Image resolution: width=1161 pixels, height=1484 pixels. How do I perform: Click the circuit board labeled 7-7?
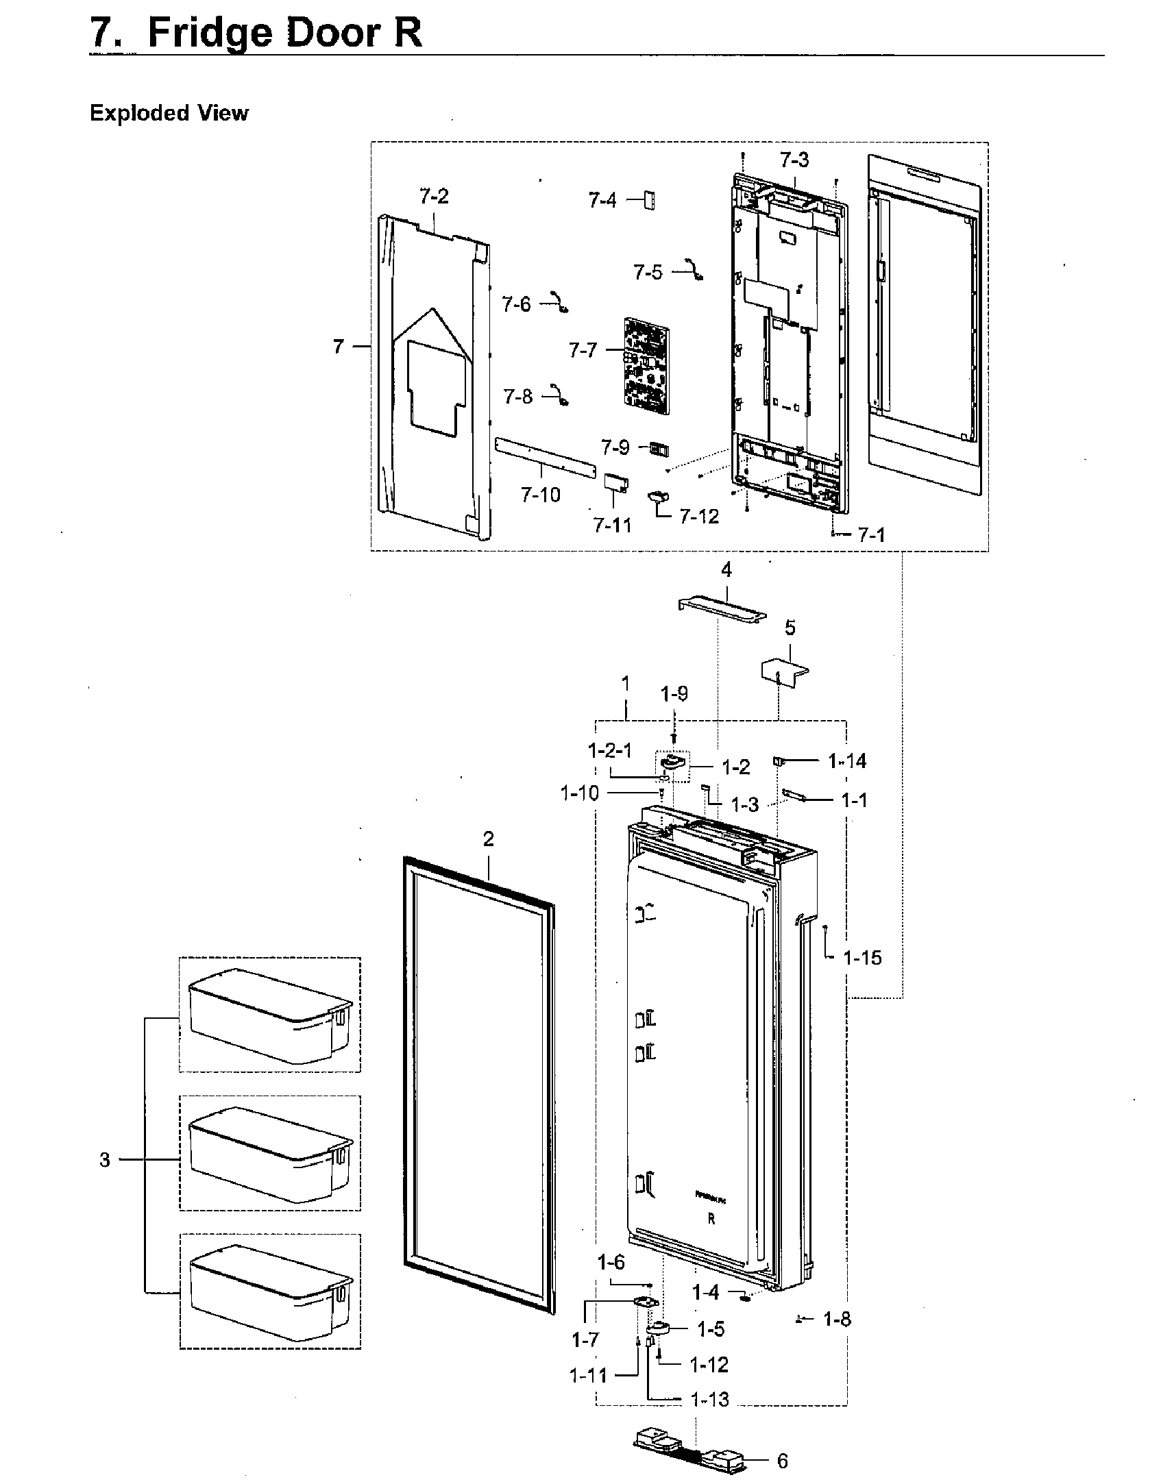(x=646, y=369)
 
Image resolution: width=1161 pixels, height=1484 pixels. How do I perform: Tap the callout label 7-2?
(x=434, y=197)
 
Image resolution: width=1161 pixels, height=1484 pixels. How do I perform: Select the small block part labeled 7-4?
(x=648, y=201)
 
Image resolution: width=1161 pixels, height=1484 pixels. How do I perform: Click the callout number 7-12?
(x=699, y=517)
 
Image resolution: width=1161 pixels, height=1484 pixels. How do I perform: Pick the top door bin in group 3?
(x=270, y=1015)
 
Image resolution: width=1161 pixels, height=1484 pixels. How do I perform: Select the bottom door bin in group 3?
(x=270, y=1291)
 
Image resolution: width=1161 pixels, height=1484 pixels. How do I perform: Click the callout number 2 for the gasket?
(x=488, y=839)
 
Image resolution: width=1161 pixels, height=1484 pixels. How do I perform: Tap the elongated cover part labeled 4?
(x=722, y=608)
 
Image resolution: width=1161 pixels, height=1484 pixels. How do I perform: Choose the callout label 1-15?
(x=862, y=958)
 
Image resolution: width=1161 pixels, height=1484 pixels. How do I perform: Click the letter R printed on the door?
(x=711, y=1220)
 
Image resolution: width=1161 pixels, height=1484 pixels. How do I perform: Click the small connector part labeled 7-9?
(x=658, y=449)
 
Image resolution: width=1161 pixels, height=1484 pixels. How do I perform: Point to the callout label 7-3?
(x=794, y=160)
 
